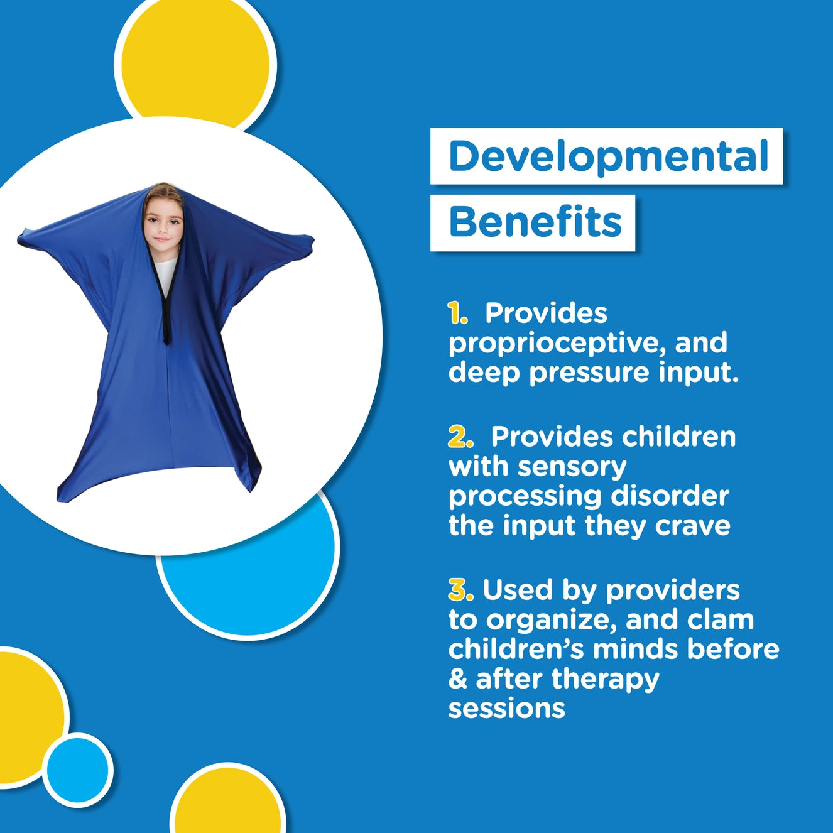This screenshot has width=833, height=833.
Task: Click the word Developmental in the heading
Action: coord(608,156)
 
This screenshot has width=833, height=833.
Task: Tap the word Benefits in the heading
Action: coord(535,222)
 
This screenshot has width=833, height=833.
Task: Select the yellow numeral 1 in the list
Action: coord(457,313)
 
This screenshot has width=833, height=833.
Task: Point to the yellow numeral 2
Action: coord(460,437)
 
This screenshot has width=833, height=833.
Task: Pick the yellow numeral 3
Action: coord(460,590)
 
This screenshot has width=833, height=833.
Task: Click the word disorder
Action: coord(670,496)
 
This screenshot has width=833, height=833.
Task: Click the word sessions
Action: coord(506,708)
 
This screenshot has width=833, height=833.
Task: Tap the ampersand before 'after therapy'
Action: coord(458,679)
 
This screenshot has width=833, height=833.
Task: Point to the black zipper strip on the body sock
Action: coord(166,314)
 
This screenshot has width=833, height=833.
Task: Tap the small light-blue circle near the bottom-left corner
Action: coord(78,770)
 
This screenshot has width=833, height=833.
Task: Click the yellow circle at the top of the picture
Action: coord(195,63)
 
